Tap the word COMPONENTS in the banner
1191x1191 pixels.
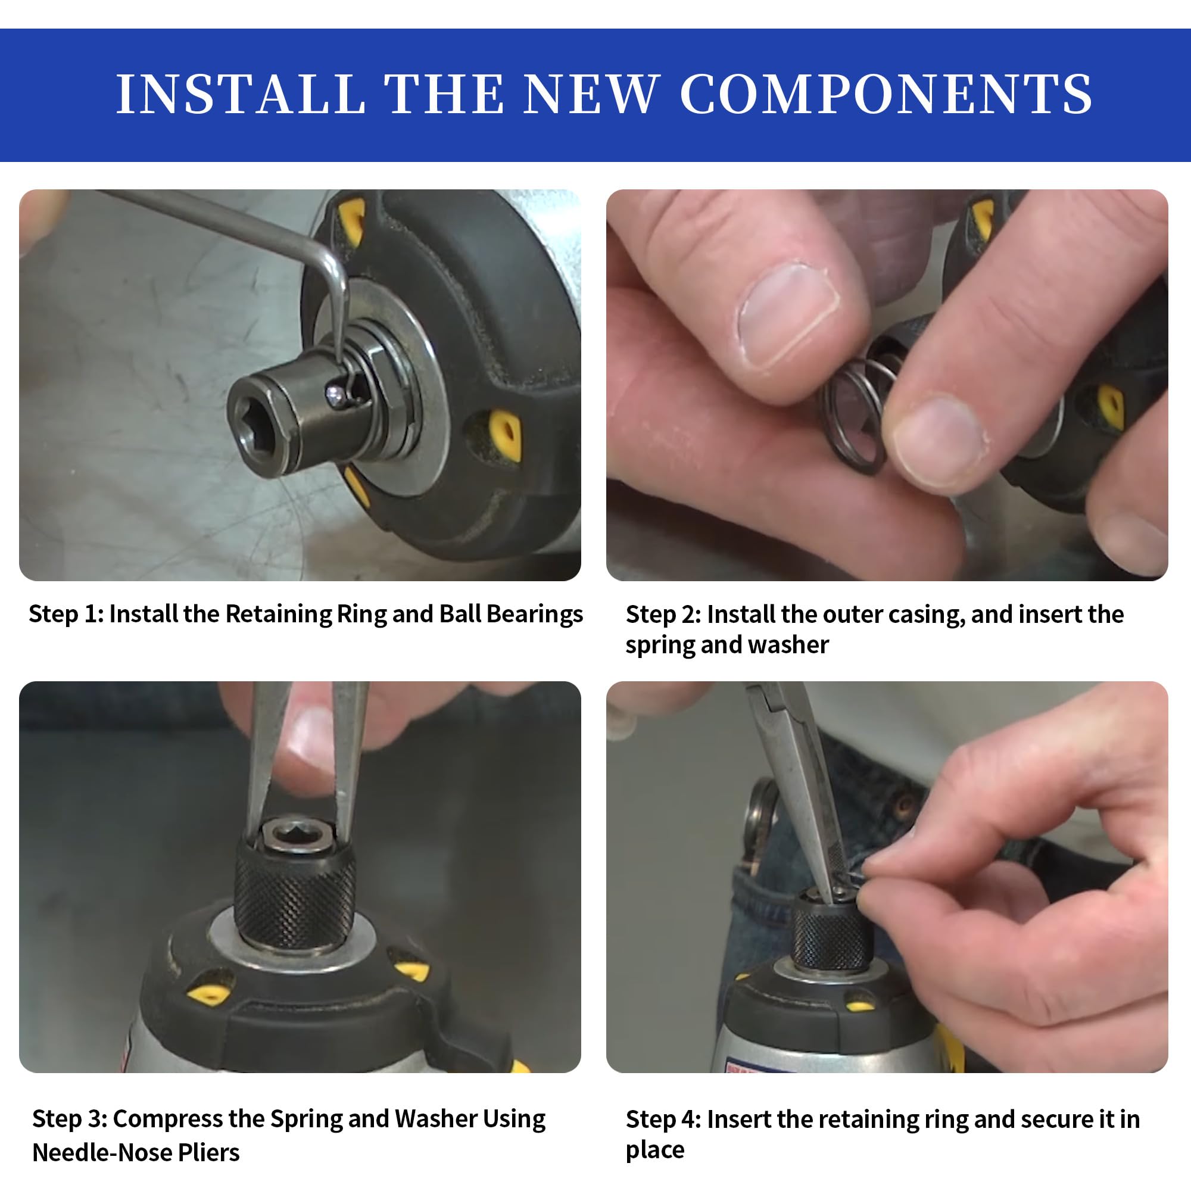point(886,94)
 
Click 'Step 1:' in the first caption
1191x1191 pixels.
point(67,614)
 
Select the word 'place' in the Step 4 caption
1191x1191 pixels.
point(654,1151)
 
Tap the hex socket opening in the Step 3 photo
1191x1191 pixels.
point(295,835)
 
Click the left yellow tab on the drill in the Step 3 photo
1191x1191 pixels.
point(208,994)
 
